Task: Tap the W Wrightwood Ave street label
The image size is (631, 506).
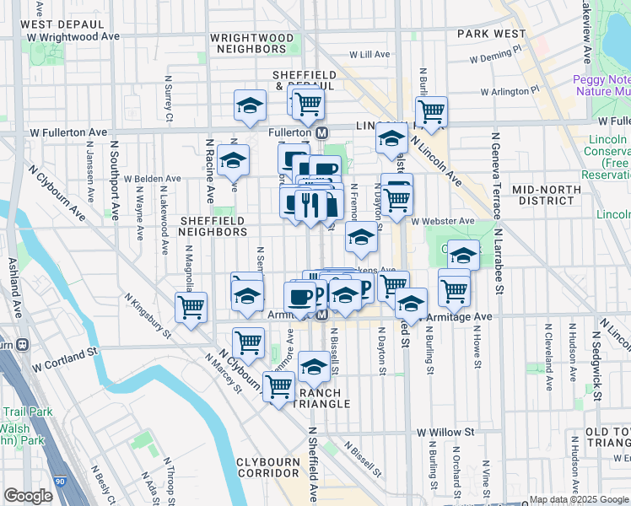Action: [x=73, y=37]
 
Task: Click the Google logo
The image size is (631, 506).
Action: [x=28, y=496]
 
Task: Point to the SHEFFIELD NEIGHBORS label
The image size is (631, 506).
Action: [x=213, y=226]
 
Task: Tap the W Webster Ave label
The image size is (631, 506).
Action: [x=443, y=221]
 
